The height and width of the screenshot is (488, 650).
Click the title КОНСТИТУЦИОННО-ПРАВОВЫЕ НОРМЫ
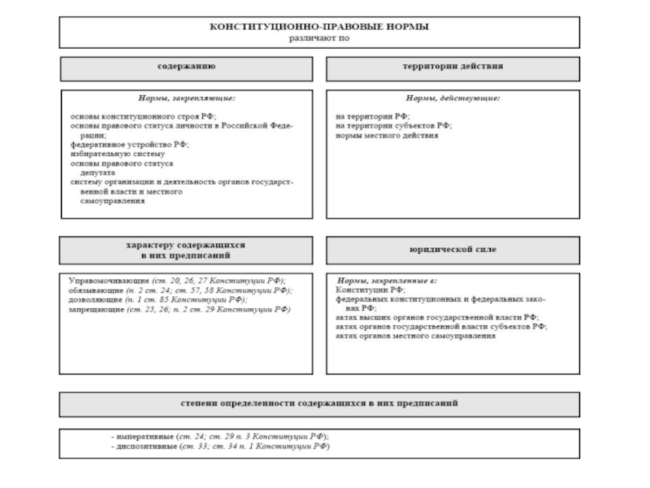click(319, 27)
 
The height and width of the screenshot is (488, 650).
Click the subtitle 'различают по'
click(319, 37)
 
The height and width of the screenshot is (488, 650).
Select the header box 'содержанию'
click(186, 68)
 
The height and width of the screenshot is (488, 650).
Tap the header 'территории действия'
click(453, 68)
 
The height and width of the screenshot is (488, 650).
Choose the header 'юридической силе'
click(453, 249)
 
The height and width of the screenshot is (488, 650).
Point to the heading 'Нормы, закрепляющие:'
click(186, 99)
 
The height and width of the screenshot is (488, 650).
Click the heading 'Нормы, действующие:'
click(453, 99)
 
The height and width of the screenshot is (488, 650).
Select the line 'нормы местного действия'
click(387, 136)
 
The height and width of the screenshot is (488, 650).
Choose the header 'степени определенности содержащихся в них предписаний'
click(319, 403)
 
